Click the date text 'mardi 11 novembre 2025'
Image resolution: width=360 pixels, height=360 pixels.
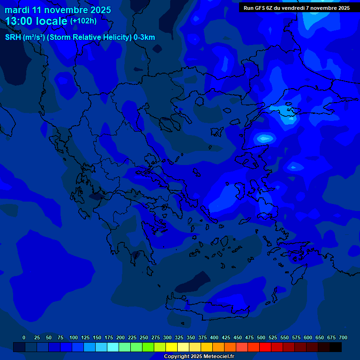(x=58, y=10)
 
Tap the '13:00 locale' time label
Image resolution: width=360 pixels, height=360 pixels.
(x=37, y=21)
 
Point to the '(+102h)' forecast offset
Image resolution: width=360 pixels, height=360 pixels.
(x=83, y=21)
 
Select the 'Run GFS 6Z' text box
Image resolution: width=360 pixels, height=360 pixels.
(x=297, y=8)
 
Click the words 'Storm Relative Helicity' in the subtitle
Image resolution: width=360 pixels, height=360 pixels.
(x=90, y=37)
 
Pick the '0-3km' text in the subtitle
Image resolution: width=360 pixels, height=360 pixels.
(x=144, y=37)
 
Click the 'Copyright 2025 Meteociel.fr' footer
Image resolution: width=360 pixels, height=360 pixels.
(x=199, y=357)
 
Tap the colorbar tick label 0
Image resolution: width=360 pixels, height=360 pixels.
(x=24, y=337)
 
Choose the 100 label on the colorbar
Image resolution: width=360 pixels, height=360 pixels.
(x=74, y=337)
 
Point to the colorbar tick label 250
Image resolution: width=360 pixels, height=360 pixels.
(x=144, y=337)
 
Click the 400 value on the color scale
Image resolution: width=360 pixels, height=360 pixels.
(x=214, y=337)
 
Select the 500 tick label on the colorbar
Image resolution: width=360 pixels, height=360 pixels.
(x=261, y=337)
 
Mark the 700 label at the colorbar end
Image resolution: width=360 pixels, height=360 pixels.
(x=343, y=337)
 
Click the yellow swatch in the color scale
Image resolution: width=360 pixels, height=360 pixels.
(x=172, y=347)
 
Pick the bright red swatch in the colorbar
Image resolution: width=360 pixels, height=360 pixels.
(x=265, y=347)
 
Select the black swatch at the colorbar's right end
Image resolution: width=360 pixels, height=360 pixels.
(x=336, y=347)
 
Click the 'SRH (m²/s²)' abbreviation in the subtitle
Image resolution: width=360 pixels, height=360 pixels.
(x=24, y=37)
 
